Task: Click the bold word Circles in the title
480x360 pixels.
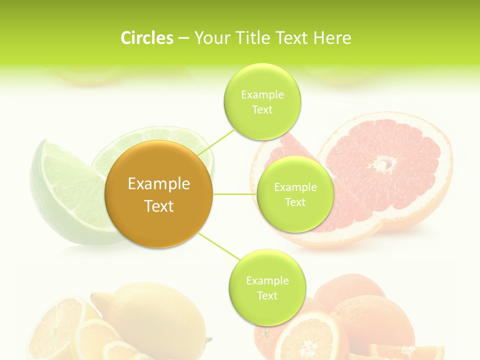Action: pos(146,38)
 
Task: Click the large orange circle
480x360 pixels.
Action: pos(159,194)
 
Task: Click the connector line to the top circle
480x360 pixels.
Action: pos(216,141)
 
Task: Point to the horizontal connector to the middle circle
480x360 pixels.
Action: pos(235,194)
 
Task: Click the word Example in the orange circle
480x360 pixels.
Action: pos(159,184)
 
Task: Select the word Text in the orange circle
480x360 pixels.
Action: pos(159,206)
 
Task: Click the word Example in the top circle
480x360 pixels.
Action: pos(262,95)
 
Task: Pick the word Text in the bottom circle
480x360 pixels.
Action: pos(267,295)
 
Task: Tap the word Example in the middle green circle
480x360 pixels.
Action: pos(295,187)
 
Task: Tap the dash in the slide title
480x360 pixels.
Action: pos(183,38)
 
